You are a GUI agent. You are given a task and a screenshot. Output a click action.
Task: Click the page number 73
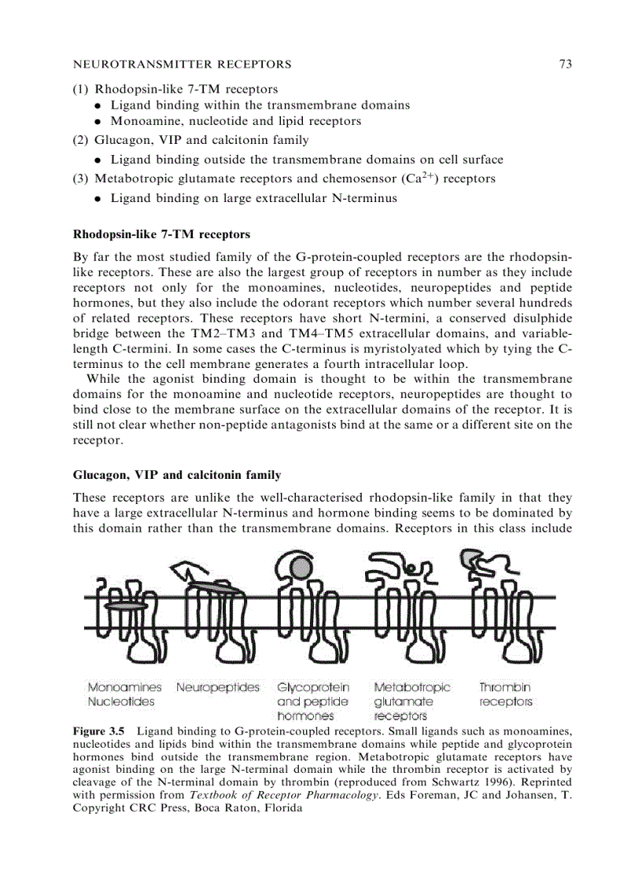tap(565, 64)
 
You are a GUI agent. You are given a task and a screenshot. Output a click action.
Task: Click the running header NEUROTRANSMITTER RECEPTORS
tap(182, 64)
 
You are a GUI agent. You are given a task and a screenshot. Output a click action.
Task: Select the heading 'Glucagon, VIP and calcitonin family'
tap(176, 475)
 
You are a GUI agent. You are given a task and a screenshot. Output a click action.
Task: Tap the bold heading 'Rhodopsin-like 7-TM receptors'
tap(161, 234)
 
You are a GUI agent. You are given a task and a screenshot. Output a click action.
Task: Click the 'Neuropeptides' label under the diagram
tap(218, 687)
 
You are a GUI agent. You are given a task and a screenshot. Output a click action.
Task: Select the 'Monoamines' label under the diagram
tap(124, 687)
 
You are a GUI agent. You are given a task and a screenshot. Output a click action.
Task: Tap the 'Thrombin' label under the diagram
tap(505, 687)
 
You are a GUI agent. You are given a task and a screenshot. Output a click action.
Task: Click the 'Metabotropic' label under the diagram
tap(412, 687)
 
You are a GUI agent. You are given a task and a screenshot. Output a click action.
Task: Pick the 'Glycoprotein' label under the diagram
tap(313, 687)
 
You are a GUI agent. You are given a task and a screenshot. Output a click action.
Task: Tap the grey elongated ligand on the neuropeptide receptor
tap(212, 587)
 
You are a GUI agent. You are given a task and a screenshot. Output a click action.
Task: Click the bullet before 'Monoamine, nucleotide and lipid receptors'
tap(96, 122)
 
